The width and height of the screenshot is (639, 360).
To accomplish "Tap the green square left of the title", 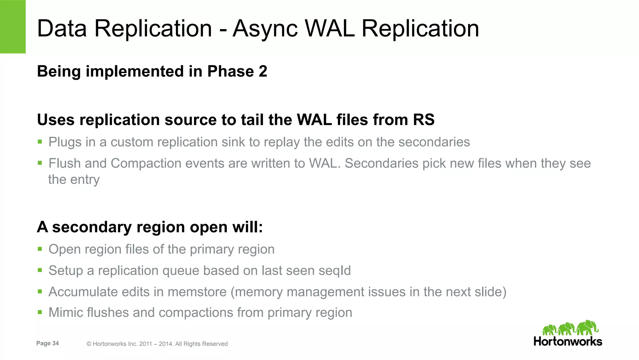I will (13, 27).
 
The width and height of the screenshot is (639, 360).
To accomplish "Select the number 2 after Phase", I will (263, 71).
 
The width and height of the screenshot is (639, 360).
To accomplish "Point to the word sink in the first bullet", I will (233, 142).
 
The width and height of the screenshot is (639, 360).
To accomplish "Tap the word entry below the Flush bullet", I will (85, 180).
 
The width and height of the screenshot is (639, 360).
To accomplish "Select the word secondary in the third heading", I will (92, 227).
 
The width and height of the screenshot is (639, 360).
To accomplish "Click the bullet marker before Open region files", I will (40, 249).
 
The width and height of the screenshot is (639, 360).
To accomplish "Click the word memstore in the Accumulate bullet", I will (197, 292).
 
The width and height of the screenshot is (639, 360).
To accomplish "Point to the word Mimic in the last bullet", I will (66, 313).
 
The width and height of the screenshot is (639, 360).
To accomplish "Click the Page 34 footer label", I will (47, 343).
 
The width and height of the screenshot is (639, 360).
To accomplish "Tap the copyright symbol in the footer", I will (89, 344).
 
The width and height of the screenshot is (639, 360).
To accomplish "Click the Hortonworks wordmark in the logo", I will (568, 341).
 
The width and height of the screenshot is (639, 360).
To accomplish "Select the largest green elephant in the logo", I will (587, 328).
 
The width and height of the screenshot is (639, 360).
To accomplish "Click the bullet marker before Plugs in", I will (40, 142).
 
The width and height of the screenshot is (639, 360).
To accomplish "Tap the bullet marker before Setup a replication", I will (40, 270).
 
